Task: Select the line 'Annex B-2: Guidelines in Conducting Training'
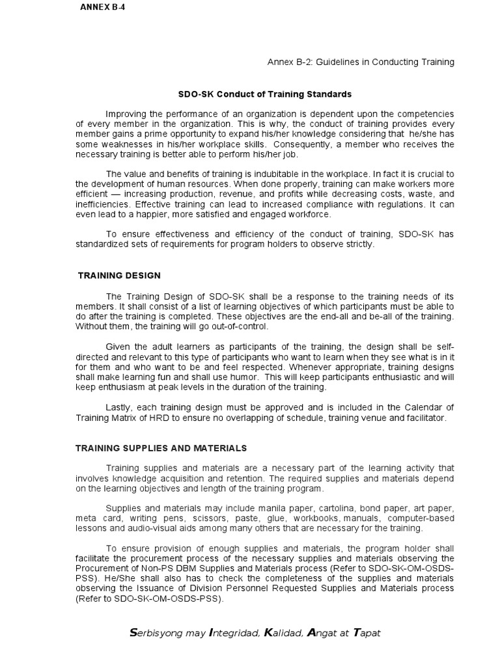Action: pyautogui.click(x=361, y=62)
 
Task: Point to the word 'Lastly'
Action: pyautogui.click(x=118, y=407)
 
